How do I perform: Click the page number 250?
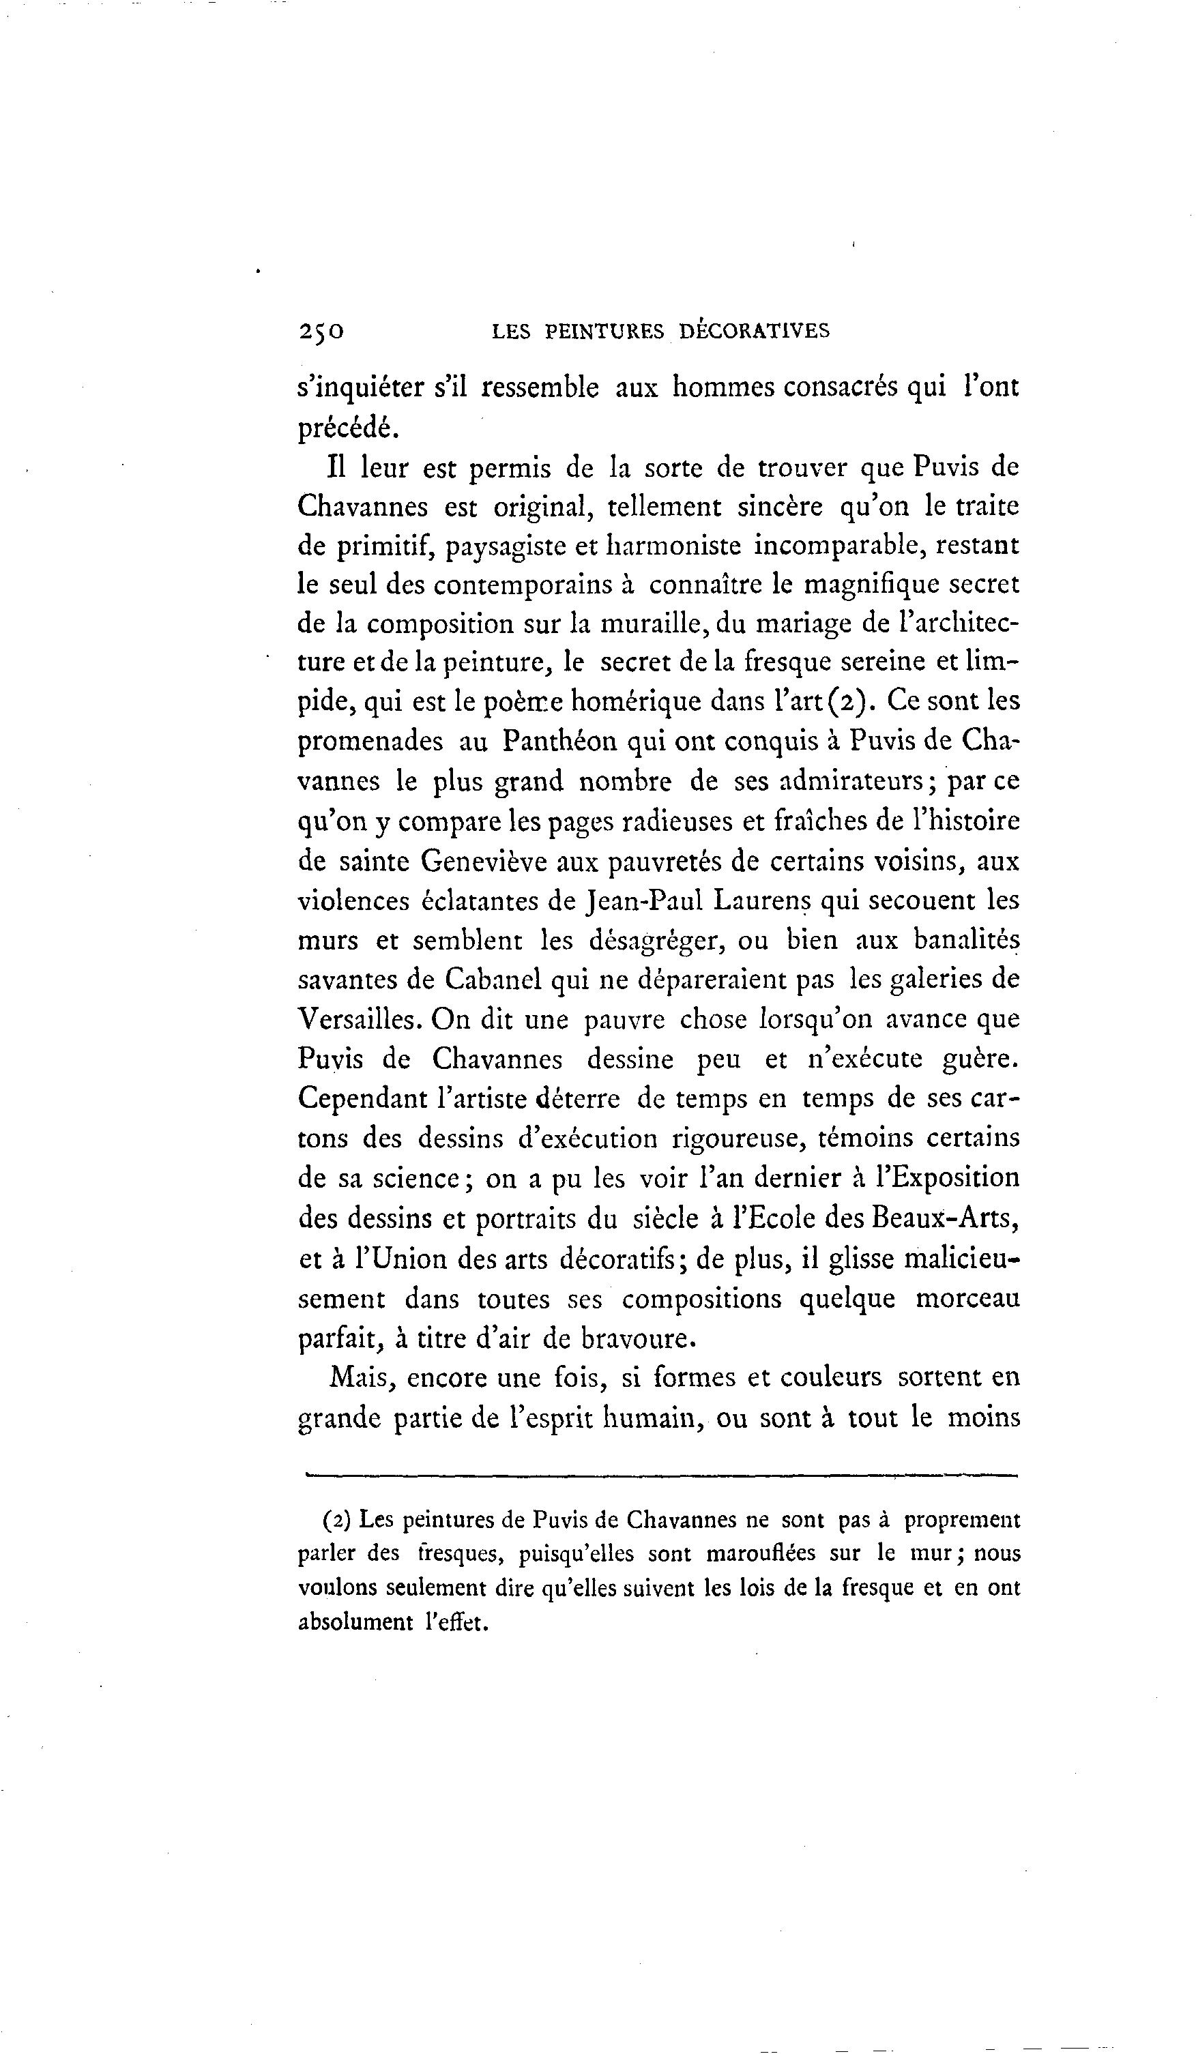tap(321, 331)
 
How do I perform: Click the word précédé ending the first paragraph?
tap(347, 427)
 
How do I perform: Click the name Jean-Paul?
tap(644, 900)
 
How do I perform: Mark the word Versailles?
tap(359, 1019)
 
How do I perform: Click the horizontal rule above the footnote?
tap(660, 1474)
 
